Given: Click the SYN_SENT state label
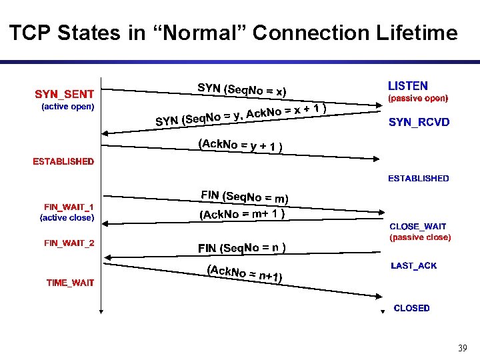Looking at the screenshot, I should (x=64, y=94).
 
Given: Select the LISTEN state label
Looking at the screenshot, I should (x=408, y=86).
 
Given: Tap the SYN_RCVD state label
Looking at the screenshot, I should (x=419, y=123).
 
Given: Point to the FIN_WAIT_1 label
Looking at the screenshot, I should (x=69, y=207).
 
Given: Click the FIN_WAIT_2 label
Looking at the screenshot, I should (x=69, y=243).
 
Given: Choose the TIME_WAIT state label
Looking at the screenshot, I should (x=70, y=283).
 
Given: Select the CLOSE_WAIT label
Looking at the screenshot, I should (x=418, y=227).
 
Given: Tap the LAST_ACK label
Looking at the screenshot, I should (x=413, y=265).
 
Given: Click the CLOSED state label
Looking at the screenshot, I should (x=411, y=308).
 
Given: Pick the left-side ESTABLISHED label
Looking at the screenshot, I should (x=63, y=161).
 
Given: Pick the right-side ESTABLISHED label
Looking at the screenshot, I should (x=419, y=178).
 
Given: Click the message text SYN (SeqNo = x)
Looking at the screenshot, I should (x=242, y=90).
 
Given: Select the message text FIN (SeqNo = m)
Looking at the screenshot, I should (x=245, y=197).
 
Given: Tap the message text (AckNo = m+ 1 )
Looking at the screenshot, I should (x=243, y=214).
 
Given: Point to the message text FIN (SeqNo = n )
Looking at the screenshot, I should (x=242, y=248).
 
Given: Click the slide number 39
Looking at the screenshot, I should (x=463, y=348).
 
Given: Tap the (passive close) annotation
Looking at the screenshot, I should (x=420, y=237).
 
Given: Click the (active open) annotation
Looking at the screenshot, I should (x=68, y=106).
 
